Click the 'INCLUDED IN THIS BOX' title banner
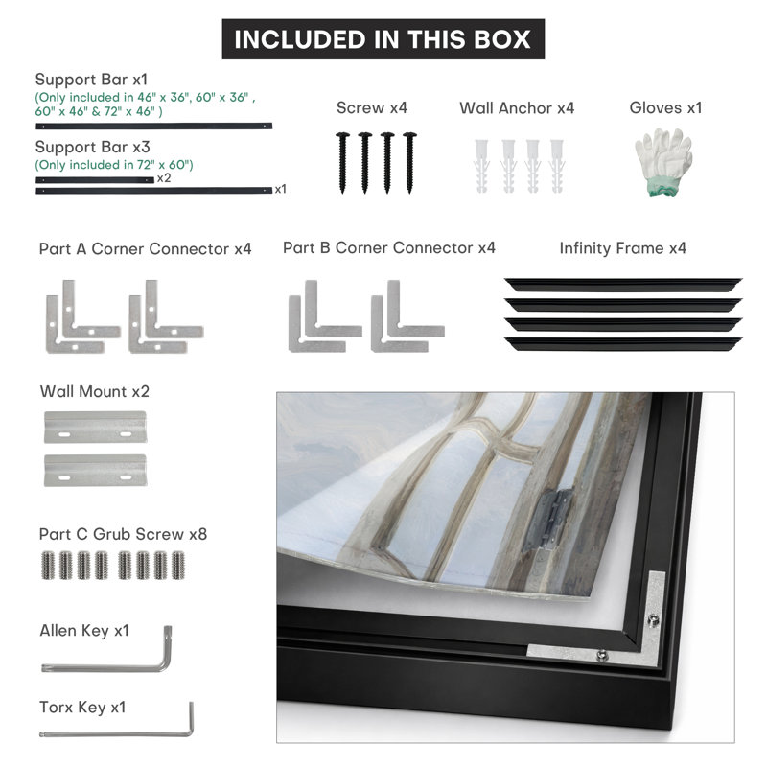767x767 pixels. (383, 39)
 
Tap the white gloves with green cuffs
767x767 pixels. (663, 162)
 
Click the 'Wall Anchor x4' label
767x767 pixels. (517, 107)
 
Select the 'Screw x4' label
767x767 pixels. (372, 107)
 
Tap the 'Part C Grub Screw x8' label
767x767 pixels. (123, 534)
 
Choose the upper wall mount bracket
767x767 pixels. (95, 427)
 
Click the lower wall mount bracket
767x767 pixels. (95, 470)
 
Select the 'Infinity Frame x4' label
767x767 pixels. (622, 248)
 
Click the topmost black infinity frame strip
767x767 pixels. (623, 285)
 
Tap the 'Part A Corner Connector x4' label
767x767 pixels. (146, 249)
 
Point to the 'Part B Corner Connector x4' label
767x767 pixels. (389, 248)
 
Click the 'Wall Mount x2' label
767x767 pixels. (94, 391)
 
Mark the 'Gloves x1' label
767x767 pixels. (665, 107)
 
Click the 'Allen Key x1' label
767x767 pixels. (84, 631)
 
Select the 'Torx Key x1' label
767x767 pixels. (82, 708)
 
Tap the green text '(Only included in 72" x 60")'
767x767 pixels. (114, 165)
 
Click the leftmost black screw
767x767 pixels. (342, 162)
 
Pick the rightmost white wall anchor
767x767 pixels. (557, 166)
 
